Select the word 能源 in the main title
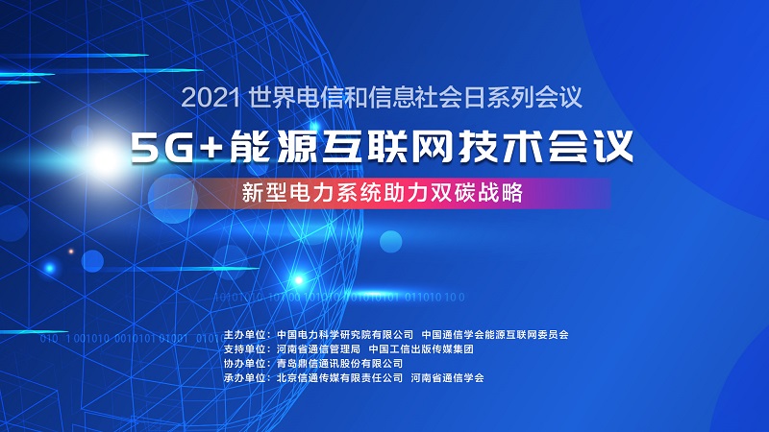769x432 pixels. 266,147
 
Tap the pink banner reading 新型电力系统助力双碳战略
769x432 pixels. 384,192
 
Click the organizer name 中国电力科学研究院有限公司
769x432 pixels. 344,335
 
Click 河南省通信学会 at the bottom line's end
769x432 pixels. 447,378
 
